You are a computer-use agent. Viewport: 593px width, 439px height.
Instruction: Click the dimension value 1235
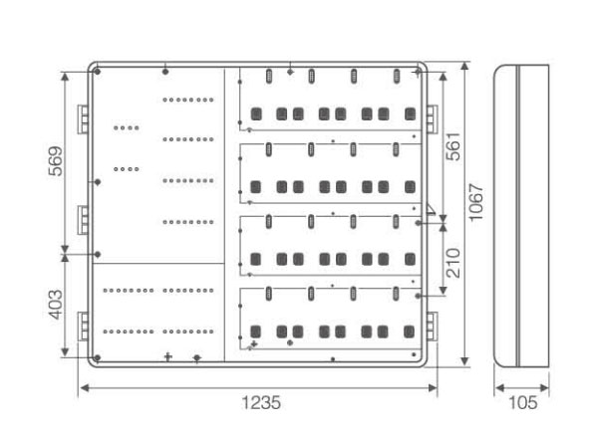pyautogui.click(x=261, y=403)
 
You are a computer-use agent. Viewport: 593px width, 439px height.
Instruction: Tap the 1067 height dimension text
pyautogui.click(x=475, y=202)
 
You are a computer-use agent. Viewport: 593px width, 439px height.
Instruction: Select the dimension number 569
pyautogui.click(x=56, y=161)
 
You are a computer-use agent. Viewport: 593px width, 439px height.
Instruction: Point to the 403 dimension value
pyautogui.click(x=56, y=305)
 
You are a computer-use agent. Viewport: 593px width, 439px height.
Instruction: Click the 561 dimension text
pyautogui.click(x=453, y=146)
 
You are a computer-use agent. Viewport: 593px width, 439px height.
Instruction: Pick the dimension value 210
pyautogui.click(x=453, y=263)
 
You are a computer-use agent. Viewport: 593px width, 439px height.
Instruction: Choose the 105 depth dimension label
pyautogui.click(x=522, y=403)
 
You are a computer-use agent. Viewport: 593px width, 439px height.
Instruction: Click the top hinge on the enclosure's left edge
pyautogui.click(x=83, y=119)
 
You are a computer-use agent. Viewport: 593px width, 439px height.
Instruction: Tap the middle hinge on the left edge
pyautogui.click(x=83, y=220)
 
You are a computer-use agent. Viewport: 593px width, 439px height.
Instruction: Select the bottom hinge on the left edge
pyautogui.click(x=83, y=327)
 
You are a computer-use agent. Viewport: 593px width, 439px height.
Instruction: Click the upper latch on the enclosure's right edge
pyautogui.click(x=432, y=119)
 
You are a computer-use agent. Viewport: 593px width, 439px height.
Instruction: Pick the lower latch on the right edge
pyautogui.click(x=432, y=327)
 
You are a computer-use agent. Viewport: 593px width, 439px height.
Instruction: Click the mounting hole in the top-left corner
pyautogui.click(x=98, y=72)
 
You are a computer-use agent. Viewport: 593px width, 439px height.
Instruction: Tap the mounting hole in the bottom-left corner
pyautogui.click(x=98, y=357)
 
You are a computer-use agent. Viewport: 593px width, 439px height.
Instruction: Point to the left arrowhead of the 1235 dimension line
pyautogui.click(x=85, y=388)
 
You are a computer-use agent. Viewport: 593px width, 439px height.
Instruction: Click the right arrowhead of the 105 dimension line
pyautogui.click(x=545, y=388)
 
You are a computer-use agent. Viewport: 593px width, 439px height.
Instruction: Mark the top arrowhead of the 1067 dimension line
pyautogui.click(x=465, y=67)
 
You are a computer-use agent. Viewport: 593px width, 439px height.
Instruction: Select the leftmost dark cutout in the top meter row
pyautogui.click(x=256, y=113)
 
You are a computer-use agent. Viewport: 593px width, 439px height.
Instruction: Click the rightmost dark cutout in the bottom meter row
pyautogui.click(x=410, y=331)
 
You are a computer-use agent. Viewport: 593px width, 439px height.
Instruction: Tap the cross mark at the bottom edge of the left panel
pyautogui.click(x=168, y=356)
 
